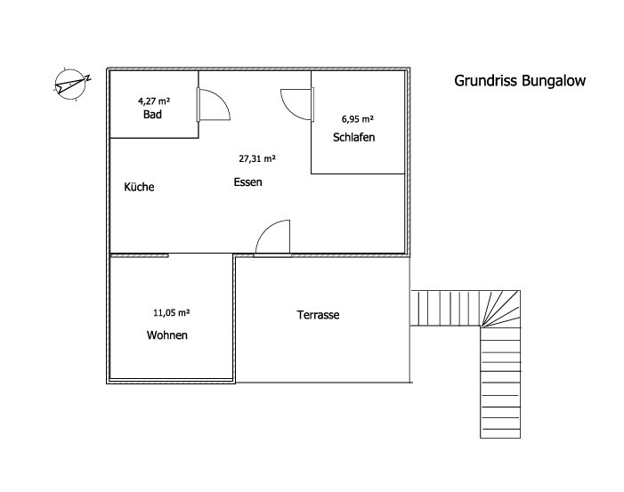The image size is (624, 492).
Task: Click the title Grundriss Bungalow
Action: [x=520, y=80]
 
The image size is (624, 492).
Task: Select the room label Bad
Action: [x=151, y=116]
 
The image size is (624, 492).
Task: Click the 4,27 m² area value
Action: [x=154, y=101]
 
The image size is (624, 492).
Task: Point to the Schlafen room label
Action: [x=354, y=137]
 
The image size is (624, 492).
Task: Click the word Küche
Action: [x=139, y=187]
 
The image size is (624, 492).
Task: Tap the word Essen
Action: [x=247, y=181]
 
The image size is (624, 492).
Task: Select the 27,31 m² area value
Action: [x=256, y=158]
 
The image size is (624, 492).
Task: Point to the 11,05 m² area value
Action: [x=172, y=312]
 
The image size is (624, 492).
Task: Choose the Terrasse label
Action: [x=318, y=315]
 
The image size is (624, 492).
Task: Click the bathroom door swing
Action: [x=214, y=104]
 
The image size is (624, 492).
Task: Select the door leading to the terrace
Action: [x=273, y=238]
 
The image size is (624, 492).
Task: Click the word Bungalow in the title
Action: [x=554, y=80]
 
